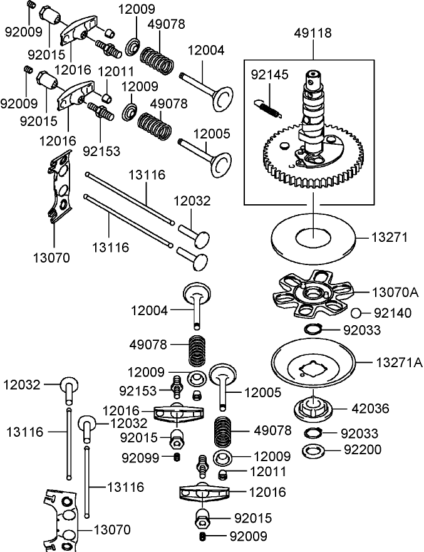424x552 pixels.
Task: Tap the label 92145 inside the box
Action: [269, 75]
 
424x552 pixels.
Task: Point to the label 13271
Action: [390, 237]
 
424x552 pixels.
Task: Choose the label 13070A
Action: [395, 291]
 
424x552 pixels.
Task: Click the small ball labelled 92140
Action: [354, 313]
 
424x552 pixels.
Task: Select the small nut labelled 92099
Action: [177, 458]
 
